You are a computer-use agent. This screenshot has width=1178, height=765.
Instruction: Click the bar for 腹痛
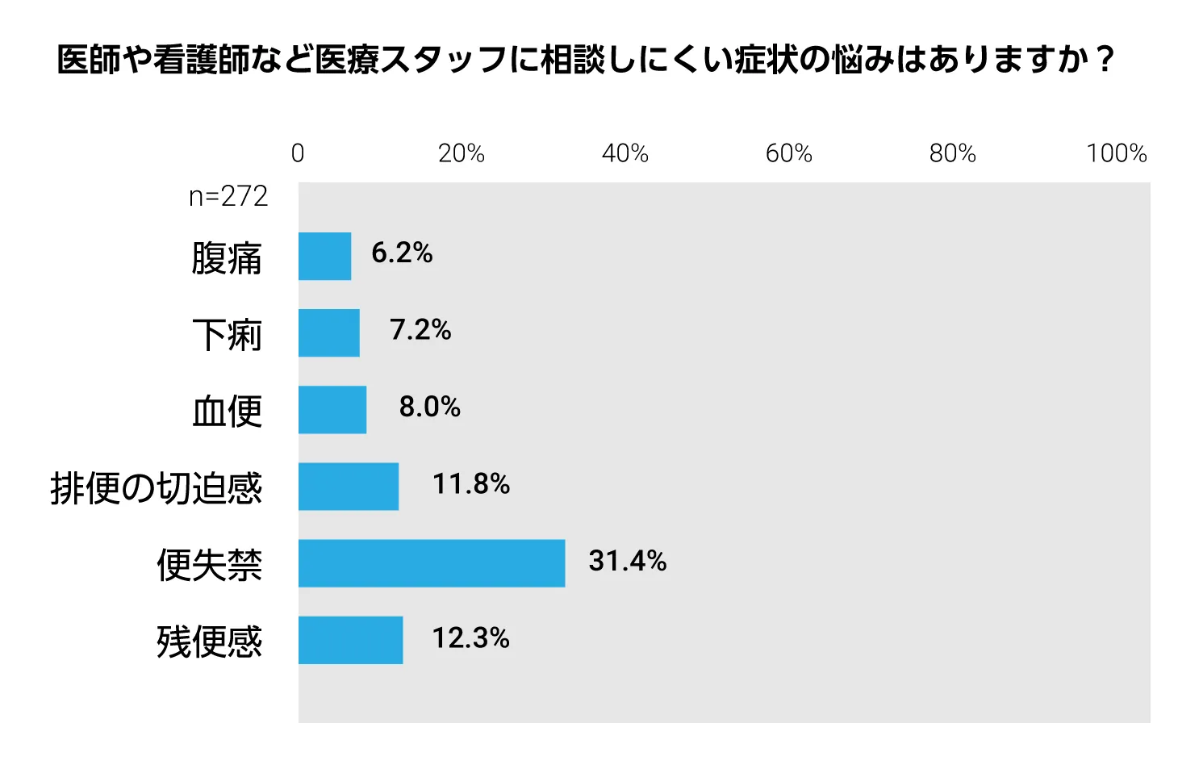coord(324,257)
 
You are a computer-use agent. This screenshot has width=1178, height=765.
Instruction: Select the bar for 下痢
coord(329,333)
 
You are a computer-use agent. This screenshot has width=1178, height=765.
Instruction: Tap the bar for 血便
coord(332,410)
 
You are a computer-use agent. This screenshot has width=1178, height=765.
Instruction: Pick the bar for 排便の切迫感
coord(348,487)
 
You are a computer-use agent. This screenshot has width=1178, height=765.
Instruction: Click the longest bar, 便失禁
coord(432,563)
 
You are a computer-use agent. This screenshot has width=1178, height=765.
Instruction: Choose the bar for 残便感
coord(350,640)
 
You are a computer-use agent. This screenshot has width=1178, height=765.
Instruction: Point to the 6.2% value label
coord(402,253)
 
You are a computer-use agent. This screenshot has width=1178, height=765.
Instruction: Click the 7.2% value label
coord(420,330)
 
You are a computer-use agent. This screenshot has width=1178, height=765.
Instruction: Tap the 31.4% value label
coord(628,560)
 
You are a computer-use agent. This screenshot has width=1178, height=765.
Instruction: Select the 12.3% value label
coord(470,637)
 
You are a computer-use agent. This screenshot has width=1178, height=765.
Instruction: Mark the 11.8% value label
coord(470,483)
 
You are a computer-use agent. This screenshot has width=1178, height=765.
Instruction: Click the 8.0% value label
coord(430,407)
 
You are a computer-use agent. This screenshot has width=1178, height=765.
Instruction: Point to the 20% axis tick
coord(462,153)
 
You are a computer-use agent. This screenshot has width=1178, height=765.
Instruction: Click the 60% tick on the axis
coord(789,153)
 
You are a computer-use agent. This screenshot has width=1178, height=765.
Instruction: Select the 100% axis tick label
coord(1117,153)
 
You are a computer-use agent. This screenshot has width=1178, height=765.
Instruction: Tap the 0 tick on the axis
coord(298,153)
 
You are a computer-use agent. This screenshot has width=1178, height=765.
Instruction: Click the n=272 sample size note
coord(228,197)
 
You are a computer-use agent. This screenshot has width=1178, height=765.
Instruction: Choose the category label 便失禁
coord(209,566)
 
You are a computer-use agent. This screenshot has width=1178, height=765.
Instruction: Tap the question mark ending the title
coord(1106,60)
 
